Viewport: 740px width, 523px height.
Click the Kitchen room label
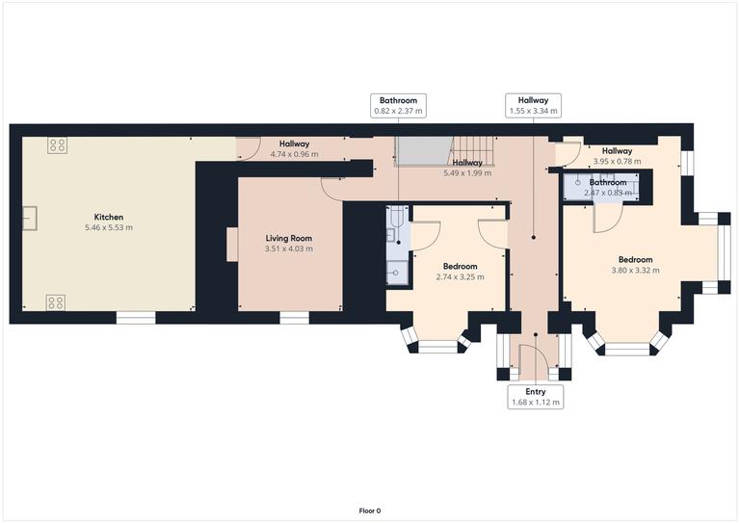108,217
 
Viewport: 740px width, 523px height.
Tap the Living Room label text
289,238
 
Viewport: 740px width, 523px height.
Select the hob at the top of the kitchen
57,145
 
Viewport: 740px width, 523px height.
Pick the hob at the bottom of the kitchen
56,303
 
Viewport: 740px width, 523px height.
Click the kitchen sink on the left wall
31,221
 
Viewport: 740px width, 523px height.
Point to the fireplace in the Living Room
232,244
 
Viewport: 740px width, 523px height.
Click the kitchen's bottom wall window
136,316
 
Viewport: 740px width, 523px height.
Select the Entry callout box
535,397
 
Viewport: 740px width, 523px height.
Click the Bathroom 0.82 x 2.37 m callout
398,105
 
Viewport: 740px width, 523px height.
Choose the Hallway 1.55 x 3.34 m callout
533,105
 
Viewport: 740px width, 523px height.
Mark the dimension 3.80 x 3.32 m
635,271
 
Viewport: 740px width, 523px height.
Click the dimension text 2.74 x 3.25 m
460,276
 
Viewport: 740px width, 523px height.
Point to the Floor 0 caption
370,510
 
